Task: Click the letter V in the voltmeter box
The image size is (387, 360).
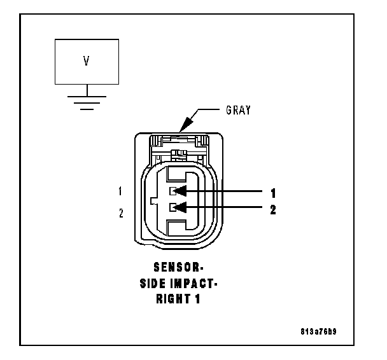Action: [x=86, y=62]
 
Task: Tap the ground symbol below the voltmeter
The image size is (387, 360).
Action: [x=86, y=100]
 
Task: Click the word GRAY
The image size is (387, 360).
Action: [x=239, y=110]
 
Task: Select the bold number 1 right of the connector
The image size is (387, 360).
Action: [x=273, y=191]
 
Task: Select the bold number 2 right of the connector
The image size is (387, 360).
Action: [x=273, y=207]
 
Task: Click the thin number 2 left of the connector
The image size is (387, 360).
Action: [x=120, y=213]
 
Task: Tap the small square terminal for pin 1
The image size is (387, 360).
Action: [x=172, y=191]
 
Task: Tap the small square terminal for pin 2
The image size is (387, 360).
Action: [x=172, y=207]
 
